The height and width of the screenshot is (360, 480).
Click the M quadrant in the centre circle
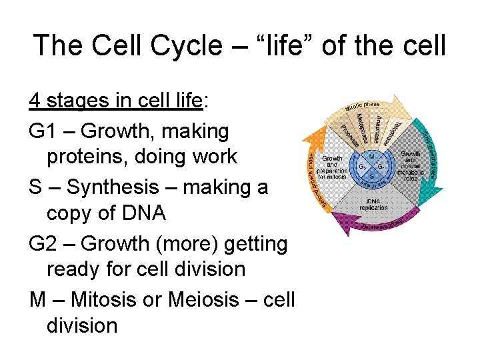pyautogui.click(x=372, y=157)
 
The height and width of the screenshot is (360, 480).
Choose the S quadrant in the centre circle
pyautogui.click(x=372, y=176)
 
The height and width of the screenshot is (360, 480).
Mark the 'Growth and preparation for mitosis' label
pyautogui.click(x=333, y=168)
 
